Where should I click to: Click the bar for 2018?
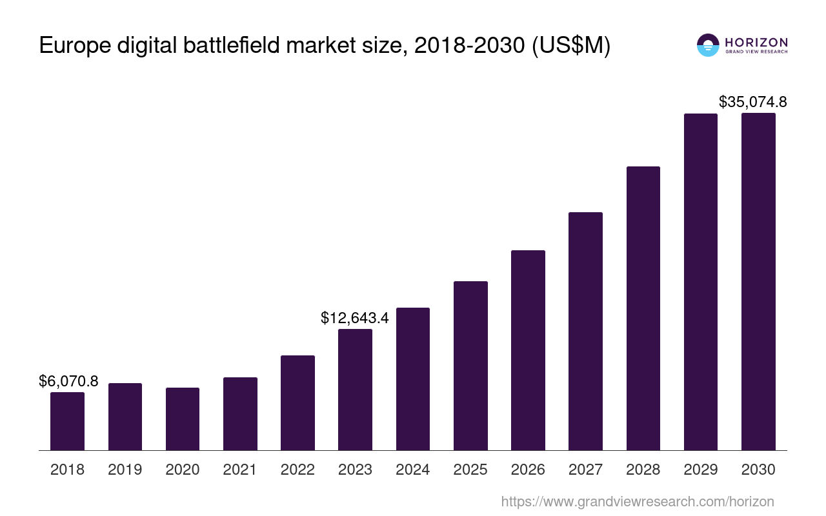[67, 421]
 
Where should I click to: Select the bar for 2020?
[183, 419]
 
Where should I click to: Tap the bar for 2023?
[355, 390]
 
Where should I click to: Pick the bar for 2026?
[528, 350]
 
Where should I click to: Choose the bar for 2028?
[643, 308]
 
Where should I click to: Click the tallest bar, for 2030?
[758, 282]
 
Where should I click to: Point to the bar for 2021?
[240, 413]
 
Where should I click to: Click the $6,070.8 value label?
[68, 381]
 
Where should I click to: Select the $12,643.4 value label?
[355, 317]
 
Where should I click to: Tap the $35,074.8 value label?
[752, 102]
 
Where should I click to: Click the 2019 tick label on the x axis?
[125, 470]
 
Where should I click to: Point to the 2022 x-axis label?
[297, 470]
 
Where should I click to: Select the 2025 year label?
[470, 470]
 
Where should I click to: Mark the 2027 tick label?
[585, 470]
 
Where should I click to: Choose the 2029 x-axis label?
[701, 470]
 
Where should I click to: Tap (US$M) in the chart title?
[570, 46]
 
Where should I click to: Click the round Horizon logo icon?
[708, 45]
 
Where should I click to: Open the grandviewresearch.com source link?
[638, 501]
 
